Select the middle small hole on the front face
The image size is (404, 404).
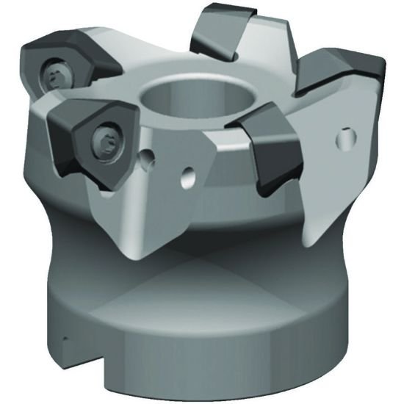pos(187,175)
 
